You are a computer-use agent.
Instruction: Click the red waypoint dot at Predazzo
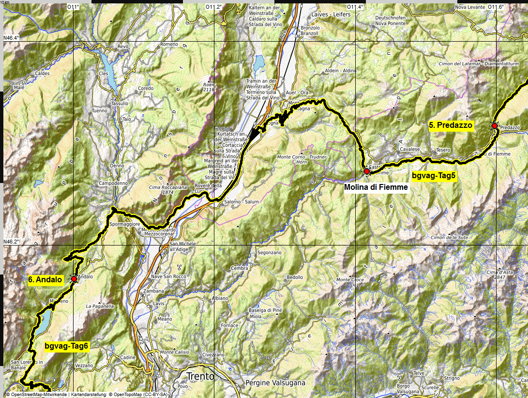(495, 126)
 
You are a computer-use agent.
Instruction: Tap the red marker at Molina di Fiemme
(367, 171)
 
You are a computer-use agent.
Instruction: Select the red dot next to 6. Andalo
(74, 279)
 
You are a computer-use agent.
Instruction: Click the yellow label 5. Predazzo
(451, 125)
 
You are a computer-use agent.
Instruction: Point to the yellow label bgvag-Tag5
(434, 176)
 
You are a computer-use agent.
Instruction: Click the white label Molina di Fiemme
(376, 187)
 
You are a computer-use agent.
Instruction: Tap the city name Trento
(200, 376)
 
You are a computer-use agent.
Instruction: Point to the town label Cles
(103, 73)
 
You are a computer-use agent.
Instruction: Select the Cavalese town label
(409, 149)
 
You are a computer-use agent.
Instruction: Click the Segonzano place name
(269, 253)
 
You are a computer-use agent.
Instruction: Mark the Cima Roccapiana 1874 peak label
(161, 189)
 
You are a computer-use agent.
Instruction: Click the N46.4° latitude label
(12, 38)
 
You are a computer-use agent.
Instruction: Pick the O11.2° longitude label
(214, 7)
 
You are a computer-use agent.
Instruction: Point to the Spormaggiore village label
(124, 225)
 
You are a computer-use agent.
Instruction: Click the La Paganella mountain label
(100, 306)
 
